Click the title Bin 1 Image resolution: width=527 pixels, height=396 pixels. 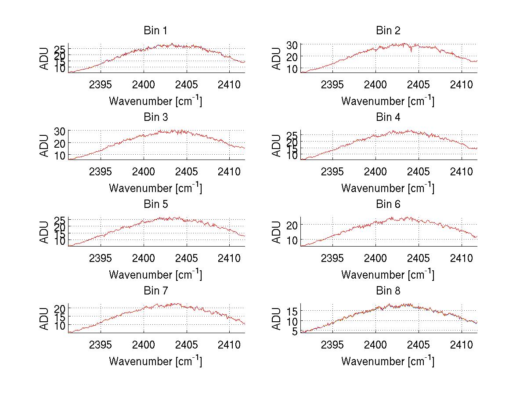155,31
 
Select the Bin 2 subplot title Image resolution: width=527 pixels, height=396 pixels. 388,31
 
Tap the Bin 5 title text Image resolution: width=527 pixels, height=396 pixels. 155,204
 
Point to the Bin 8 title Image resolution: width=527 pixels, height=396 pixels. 388,291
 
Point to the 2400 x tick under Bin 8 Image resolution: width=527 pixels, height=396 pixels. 375,344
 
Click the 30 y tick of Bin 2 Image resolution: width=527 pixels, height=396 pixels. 292,44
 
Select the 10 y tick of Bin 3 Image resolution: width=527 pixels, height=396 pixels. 60,155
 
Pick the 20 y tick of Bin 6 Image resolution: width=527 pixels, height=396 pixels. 292,225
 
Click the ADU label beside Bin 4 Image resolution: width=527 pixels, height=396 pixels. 277,145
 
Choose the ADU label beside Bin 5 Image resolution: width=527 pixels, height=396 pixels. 44,232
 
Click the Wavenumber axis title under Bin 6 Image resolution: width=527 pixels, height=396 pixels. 388,275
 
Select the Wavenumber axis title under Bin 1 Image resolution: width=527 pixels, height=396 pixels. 155,102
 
